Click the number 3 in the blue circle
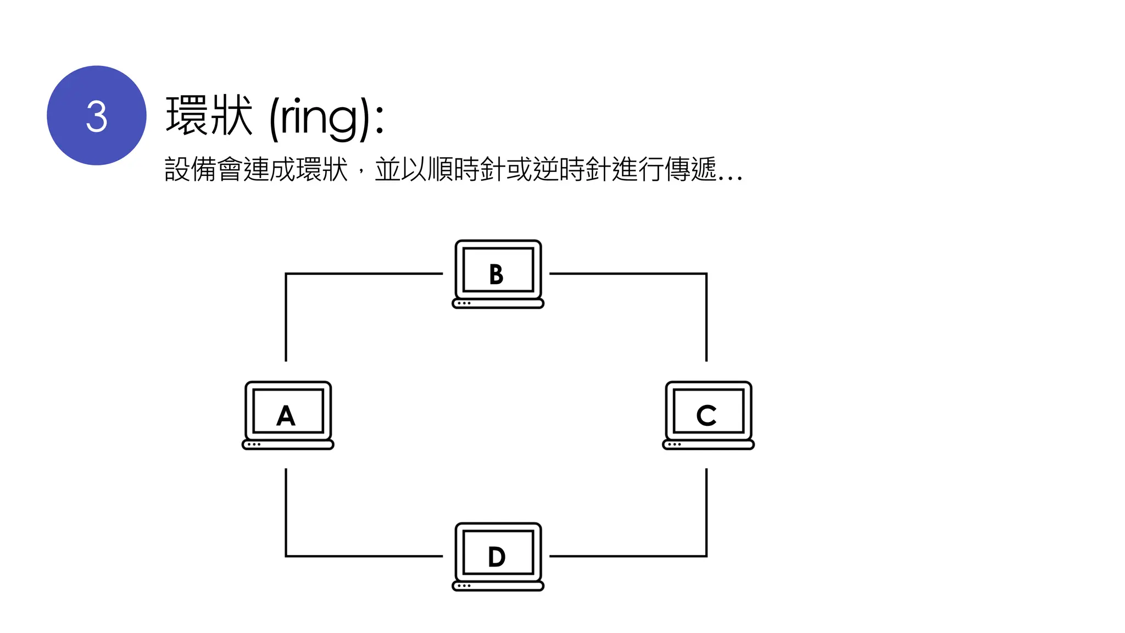97,116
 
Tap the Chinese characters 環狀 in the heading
209,115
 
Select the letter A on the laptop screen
286,416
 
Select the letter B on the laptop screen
496,275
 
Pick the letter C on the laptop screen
706,416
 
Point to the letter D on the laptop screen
497,557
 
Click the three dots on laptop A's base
254,445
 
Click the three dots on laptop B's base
464,303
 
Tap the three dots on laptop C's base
675,445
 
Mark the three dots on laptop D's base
464,586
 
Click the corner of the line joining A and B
286,274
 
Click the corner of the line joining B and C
706,274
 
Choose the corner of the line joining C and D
706,556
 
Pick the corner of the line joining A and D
286,556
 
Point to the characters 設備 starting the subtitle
190,169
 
